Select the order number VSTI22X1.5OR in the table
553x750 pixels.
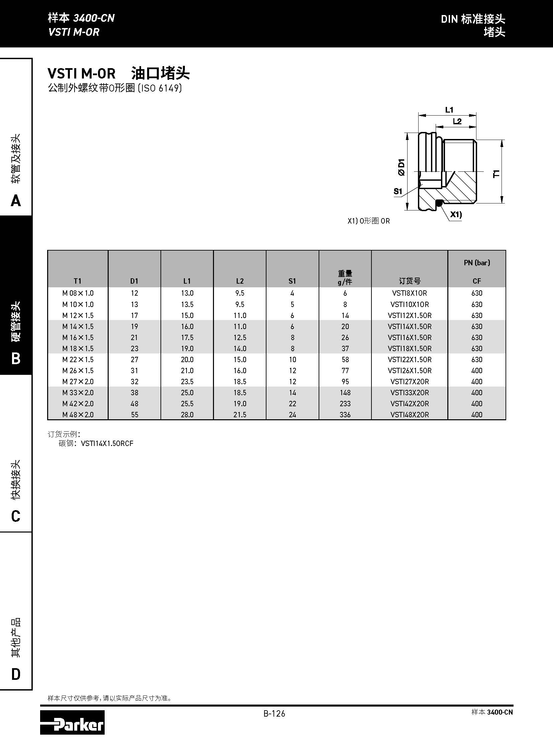(409, 359)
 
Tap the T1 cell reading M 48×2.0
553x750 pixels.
(78, 415)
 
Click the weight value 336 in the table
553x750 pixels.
(345, 415)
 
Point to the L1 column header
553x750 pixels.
(187, 281)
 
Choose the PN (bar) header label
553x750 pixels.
(477, 263)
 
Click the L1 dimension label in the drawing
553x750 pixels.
(449, 110)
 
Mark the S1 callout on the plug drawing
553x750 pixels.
(398, 191)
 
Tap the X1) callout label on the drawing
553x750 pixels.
(456, 214)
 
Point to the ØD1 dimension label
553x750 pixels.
(401, 167)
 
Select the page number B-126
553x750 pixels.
(274, 714)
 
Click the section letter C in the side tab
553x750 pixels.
(16, 516)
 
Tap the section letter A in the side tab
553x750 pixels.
(16, 201)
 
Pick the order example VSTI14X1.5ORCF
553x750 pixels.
(107, 444)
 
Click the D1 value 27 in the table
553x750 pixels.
(134, 359)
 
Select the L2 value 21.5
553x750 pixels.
(240, 415)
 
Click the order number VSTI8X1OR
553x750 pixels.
(409, 293)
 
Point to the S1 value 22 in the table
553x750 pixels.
(292, 404)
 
